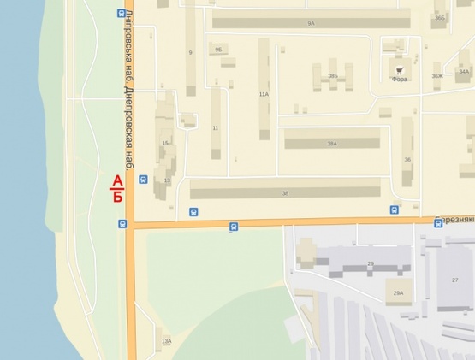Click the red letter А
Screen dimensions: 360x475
(x=117, y=180)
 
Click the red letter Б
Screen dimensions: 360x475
(x=117, y=197)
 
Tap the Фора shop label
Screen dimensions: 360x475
(x=399, y=79)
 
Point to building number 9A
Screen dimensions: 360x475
(x=311, y=23)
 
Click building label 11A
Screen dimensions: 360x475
(x=264, y=93)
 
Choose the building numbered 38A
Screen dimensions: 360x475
(x=331, y=144)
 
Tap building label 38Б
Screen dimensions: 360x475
(x=333, y=76)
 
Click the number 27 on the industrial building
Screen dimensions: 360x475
(x=455, y=280)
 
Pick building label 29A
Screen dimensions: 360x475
(x=398, y=292)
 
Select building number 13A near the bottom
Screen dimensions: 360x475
(x=166, y=340)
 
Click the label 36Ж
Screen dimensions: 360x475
(x=437, y=76)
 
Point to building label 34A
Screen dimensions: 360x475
(x=464, y=71)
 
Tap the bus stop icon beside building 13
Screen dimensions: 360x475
(x=143, y=180)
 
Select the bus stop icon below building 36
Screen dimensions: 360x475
(x=395, y=209)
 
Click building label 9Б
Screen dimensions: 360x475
(x=218, y=50)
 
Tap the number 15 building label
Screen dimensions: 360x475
(x=164, y=143)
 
